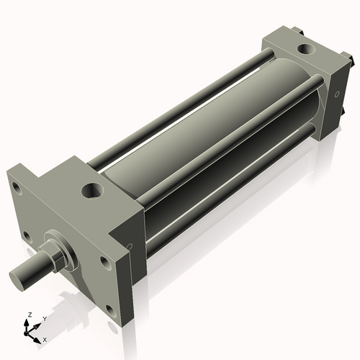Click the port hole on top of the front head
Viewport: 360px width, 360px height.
(x=94, y=191)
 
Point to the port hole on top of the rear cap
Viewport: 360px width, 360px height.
(x=305, y=50)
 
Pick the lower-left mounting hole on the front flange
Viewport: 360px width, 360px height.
(x=26, y=235)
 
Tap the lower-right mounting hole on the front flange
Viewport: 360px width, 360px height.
(x=110, y=310)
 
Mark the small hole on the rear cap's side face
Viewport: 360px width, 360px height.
(x=336, y=94)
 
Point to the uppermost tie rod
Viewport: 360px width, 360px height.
(x=180, y=108)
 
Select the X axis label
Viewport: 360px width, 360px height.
(x=45, y=338)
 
